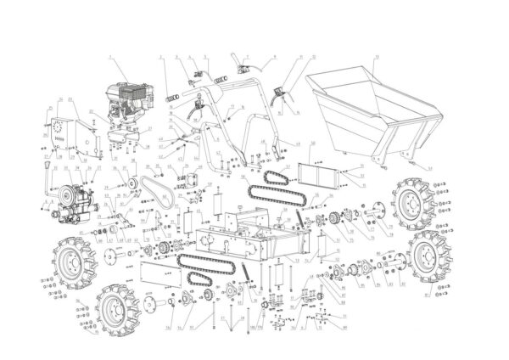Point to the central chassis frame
[246, 242]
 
